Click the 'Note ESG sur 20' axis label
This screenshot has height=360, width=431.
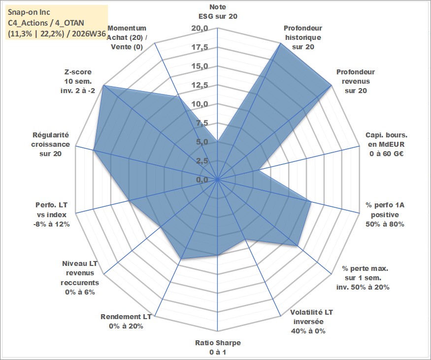point(218,11)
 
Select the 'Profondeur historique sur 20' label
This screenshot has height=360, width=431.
point(303,37)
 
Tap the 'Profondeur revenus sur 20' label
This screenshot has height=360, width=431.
point(356,81)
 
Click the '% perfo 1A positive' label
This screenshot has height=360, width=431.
point(385,215)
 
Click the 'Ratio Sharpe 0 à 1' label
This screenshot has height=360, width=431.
point(218,347)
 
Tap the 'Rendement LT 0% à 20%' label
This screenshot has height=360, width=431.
point(126,322)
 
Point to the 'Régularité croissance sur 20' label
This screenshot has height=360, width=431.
point(51,144)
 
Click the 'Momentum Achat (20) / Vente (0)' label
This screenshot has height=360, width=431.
point(127,37)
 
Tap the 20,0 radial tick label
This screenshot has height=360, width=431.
point(200,29)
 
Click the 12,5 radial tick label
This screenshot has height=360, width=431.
point(200,86)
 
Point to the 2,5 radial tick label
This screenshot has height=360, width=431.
point(202,161)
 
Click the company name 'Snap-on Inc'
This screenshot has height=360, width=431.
point(29,12)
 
